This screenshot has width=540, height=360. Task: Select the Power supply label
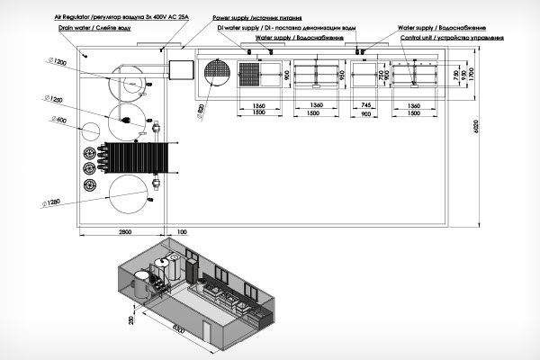point(256,17)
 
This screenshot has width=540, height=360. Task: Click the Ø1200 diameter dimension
point(55,61)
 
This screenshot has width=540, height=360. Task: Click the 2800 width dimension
point(127,232)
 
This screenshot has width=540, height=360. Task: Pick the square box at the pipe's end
point(182,69)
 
